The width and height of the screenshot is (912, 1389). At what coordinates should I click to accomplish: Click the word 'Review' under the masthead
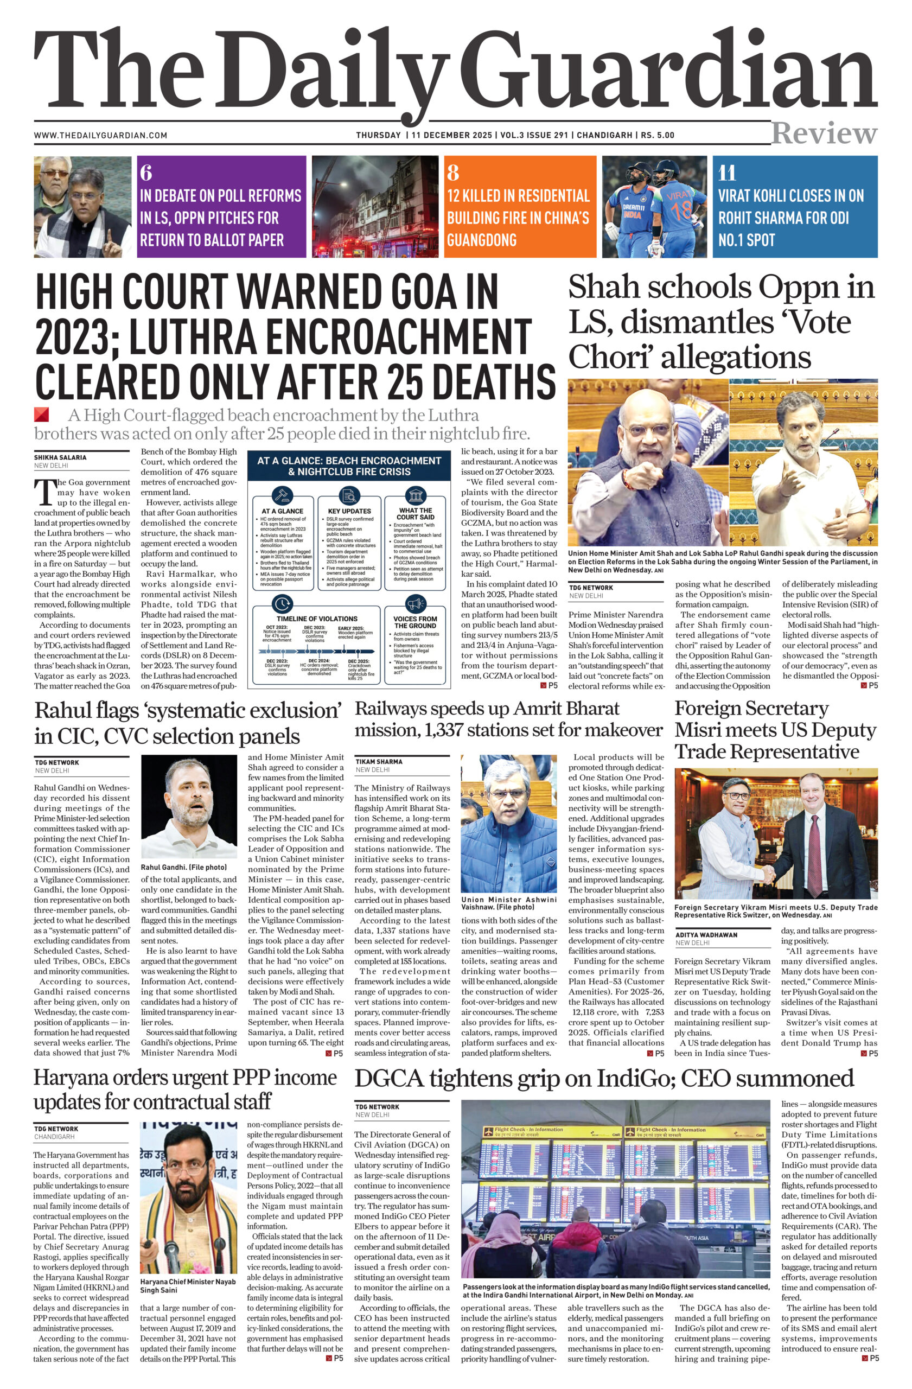(824, 133)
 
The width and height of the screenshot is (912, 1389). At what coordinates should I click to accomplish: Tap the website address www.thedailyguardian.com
(100, 136)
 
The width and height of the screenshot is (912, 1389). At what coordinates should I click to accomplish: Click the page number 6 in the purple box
(146, 173)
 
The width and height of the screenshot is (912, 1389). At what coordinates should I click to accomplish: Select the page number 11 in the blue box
(727, 173)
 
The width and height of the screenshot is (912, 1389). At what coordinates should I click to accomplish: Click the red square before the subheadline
(41, 415)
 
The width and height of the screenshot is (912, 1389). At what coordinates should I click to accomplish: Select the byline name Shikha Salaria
(60, 457)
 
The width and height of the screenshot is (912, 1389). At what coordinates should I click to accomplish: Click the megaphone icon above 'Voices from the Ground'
(415, 603)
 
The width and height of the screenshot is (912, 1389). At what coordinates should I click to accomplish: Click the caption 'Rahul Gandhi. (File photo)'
(184, 867)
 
